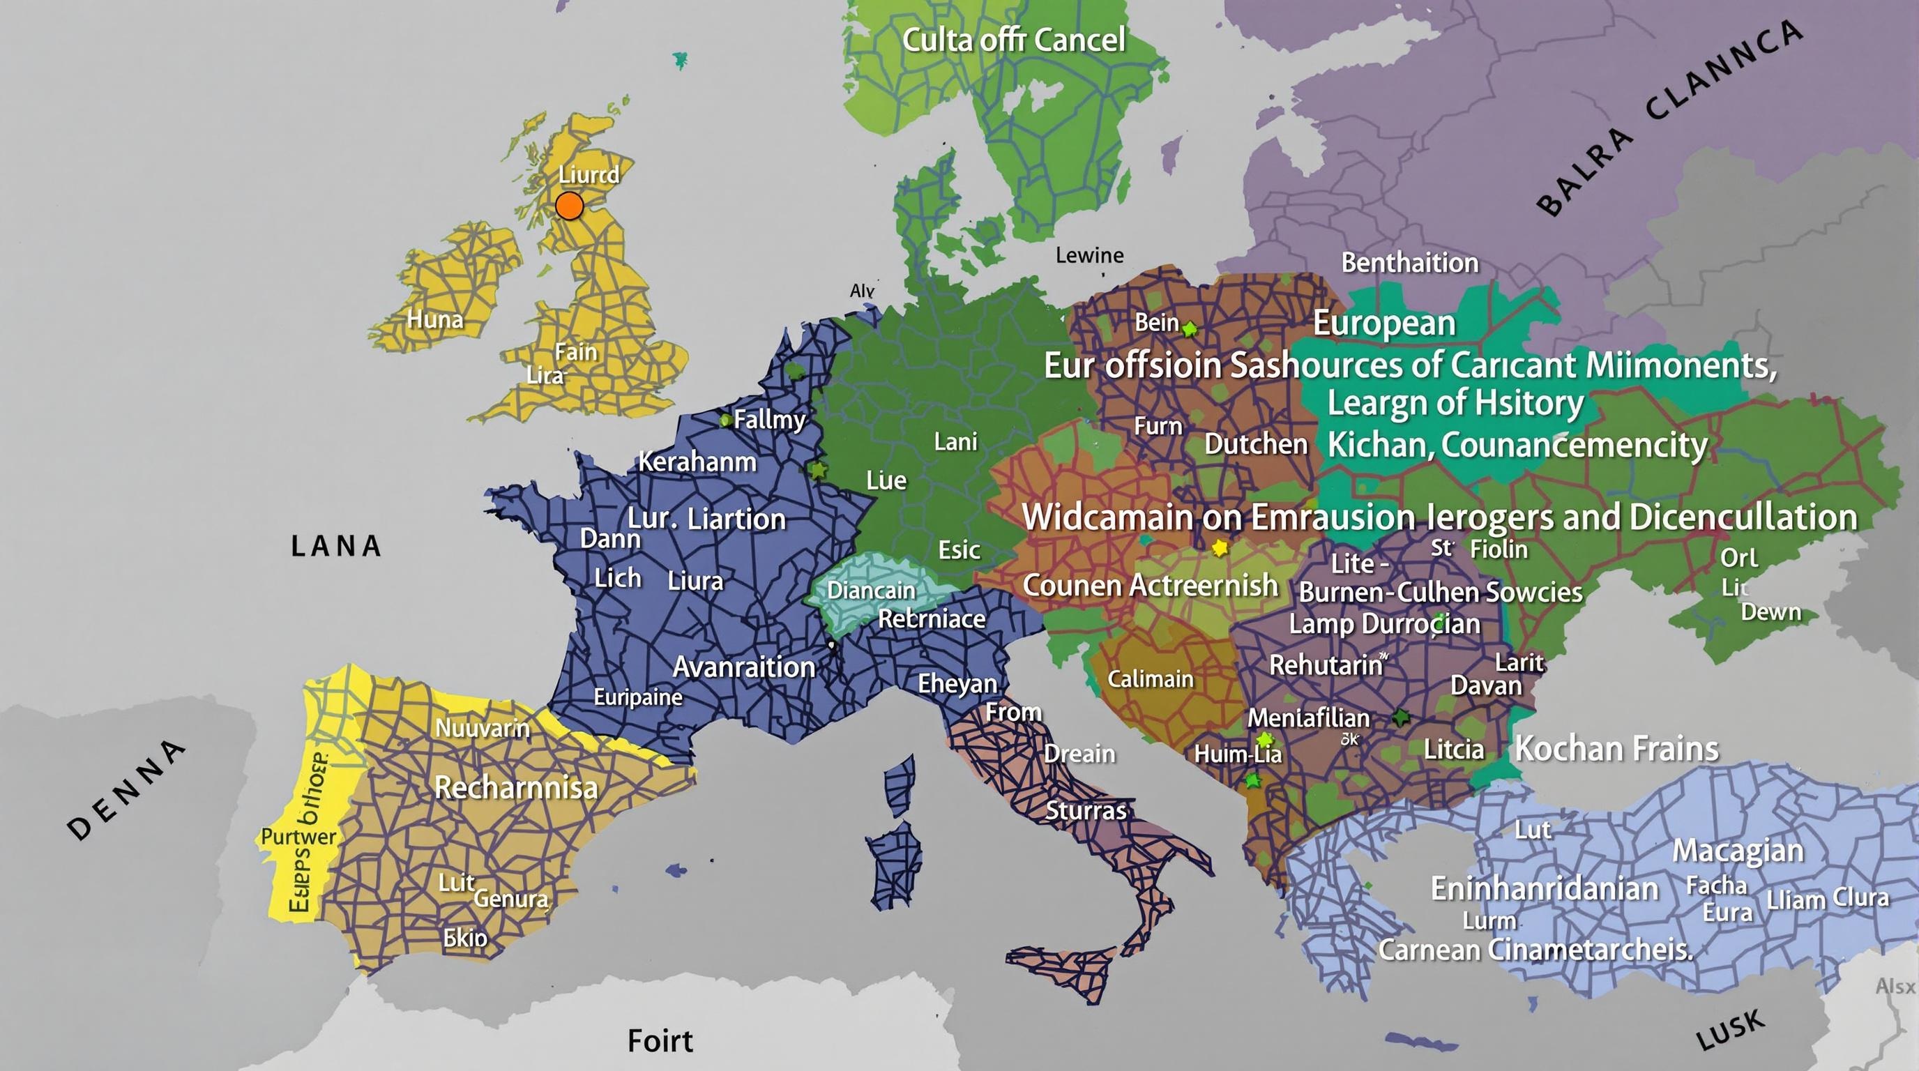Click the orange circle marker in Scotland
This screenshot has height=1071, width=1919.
569,205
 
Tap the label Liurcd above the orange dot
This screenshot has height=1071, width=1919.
589,174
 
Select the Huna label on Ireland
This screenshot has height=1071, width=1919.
435,320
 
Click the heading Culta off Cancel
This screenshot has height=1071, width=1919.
1013,40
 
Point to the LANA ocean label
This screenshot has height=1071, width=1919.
336,547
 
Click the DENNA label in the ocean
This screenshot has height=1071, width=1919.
127,789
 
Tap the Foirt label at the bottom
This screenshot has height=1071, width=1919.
660,1040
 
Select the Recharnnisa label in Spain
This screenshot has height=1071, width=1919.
515,787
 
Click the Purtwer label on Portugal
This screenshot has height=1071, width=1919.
298,837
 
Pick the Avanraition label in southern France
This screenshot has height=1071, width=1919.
743,667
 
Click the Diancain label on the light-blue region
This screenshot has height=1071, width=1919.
871,591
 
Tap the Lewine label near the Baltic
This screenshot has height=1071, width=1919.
1089,255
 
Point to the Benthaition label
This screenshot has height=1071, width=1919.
1409,263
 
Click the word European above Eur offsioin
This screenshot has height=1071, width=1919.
1383,324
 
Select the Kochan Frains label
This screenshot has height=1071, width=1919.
1616,748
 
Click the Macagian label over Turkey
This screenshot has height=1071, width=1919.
1737,851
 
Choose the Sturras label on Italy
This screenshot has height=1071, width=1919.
1086,810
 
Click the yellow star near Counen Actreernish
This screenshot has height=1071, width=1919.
1220,549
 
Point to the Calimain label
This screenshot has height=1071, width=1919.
1150,678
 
